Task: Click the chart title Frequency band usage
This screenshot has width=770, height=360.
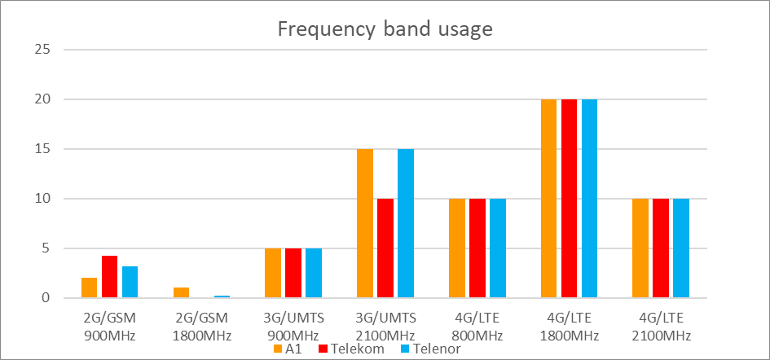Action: (x=385, y=29)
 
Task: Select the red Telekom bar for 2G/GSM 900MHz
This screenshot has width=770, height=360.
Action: (x=110, y=277)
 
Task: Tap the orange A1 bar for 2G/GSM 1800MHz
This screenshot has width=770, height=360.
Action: (x=181, y=293)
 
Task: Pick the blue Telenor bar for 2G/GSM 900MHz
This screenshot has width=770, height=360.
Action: (x=130, y=282)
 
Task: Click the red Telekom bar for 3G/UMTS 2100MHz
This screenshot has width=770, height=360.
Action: (x=385, y=248)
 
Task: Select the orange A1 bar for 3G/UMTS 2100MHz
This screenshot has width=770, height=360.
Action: (x=365, y=224)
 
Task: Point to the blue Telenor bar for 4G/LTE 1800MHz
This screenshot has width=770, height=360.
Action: (x=589, y=199)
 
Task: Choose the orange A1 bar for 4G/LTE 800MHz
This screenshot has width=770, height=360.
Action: (x=457, y=248)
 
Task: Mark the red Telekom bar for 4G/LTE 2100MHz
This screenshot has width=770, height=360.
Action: (x=661, y=248)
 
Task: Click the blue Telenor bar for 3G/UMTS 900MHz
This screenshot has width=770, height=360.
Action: (x=314, y=274)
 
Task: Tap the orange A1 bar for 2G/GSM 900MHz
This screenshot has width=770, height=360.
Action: (x=90, y=288)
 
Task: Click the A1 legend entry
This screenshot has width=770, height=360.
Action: (x=288, y=349)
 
